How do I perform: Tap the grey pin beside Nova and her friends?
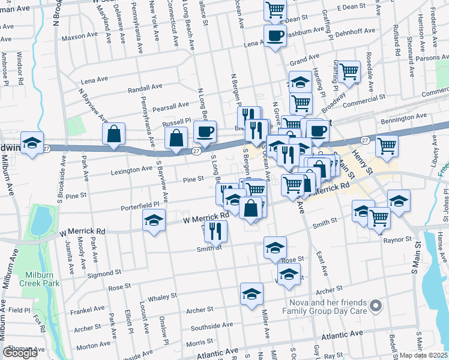[376, 307]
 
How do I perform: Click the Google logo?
[20, 353]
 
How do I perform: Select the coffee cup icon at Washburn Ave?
[276, 37]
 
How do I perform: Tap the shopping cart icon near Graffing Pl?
[349, 73]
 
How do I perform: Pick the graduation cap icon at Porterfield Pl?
[154, 220]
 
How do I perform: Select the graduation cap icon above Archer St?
[252, 294]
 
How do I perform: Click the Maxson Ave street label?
[79, 37]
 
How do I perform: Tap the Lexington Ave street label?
[131, 170]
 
